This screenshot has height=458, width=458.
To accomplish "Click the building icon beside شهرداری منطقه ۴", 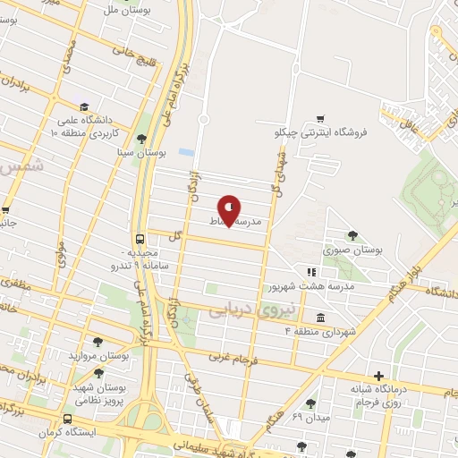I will pyautogui.click(x=320, y=318).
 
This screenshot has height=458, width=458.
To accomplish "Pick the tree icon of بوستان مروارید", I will pyautogui.click(x=98, y=342).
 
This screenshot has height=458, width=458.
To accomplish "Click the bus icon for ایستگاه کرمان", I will pyautogui.click(x=67, y=420).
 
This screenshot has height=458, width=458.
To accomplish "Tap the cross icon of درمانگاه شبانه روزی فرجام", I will pyautogui.click(x=378, y=376).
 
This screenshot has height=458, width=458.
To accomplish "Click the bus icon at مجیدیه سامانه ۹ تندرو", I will pyautogui.click(x=140, y=239).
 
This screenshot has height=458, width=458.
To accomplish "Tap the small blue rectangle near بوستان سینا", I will pyautogui.click(x=186, y=152).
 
